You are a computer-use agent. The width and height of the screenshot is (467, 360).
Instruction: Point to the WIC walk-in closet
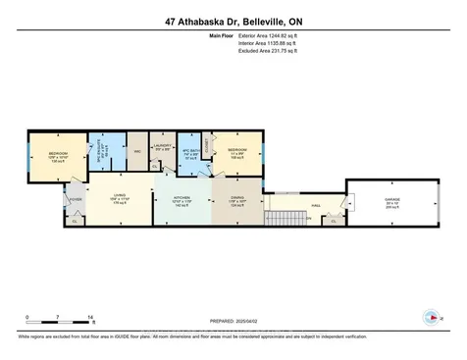(136, 152)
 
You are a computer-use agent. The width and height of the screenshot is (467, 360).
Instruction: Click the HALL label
(316, 205)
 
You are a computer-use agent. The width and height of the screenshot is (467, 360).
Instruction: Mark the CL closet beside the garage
(335, 221)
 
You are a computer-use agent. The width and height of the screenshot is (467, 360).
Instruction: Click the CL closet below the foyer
(76, 221)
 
